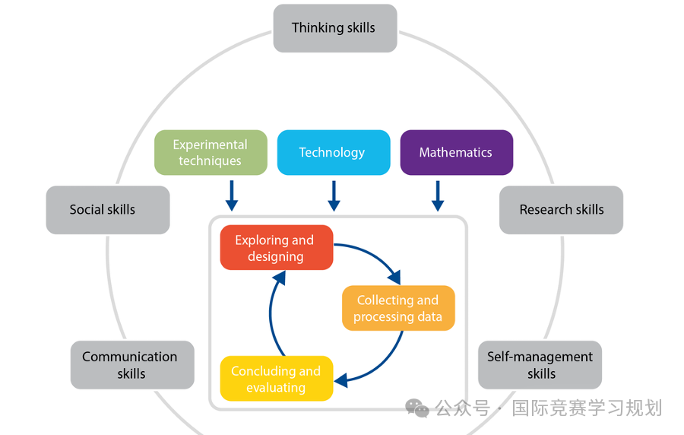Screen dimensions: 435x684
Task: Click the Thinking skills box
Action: click(x=334, y=28)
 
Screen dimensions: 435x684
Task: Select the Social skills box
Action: click(x=107, y=210)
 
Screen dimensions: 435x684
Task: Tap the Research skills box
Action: click(x=561, y=210)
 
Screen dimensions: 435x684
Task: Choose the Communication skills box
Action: click(x=132, y=365)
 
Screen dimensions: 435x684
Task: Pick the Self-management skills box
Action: click(x=540, y=365)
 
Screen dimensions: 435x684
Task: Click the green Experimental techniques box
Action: click(x=211, y=152)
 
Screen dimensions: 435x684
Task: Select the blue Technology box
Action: click(x=333, y=152)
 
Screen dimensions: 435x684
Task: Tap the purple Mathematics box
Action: click(x=456, y=152)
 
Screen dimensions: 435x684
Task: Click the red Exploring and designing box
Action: click(x=276, y=248)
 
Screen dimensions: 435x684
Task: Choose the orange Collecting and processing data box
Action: click(x=397, y=308)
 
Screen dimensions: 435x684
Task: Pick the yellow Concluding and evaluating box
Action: click(x=276, y=379)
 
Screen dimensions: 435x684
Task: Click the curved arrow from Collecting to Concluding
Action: click(x=384, y=362)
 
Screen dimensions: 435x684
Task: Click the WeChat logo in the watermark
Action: click(x=417, y=408)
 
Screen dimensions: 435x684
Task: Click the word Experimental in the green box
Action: click(x=211, y=144)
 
